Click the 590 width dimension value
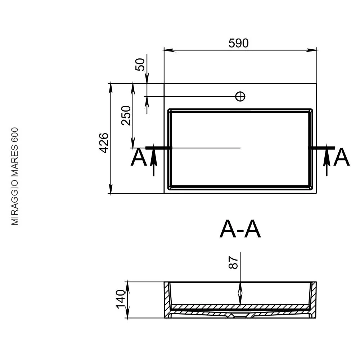pos(238,43)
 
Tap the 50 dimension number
pos(140,64)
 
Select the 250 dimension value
pos(126,115)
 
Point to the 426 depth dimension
pos(104,143)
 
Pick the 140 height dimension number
pos(121,299)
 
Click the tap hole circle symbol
pos(240,96)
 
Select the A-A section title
pos(240,229)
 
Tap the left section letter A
pos(139,157)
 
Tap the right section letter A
pos(341,157)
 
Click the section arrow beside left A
pos(154,160)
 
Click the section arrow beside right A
pos(327,160)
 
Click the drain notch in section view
pos(240,316)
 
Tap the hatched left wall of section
pos(168,300)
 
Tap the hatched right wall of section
pos(313,300)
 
